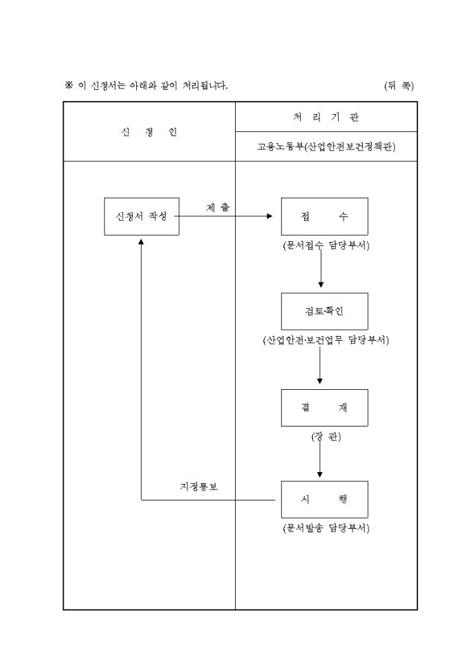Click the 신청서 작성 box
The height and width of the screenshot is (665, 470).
[x=141, y=216]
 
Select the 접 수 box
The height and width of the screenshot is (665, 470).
[x=324, y=216]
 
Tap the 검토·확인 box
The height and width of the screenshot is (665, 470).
[x=324, y=311]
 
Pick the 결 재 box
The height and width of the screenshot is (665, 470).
[x=324, y=407]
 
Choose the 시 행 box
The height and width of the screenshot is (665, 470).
[x=324, y=499]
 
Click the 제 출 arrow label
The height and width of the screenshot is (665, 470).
[x=218, y=207]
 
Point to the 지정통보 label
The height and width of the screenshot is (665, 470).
[x=199, y=487]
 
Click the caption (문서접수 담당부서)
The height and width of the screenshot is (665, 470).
[x=324, y=245]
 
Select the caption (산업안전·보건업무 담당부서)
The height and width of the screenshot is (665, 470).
[x=325, y=340]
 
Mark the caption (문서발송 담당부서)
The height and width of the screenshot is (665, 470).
[x=324, y=529]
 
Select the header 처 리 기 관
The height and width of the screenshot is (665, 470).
[x=326, y=117]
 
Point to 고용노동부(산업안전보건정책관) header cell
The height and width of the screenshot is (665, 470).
[x=326, y=147]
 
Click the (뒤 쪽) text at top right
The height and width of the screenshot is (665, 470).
[x=399, y=86]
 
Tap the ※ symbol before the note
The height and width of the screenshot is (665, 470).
[x=68, y=86]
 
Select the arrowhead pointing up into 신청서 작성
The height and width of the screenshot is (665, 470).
[x=141, y=241]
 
